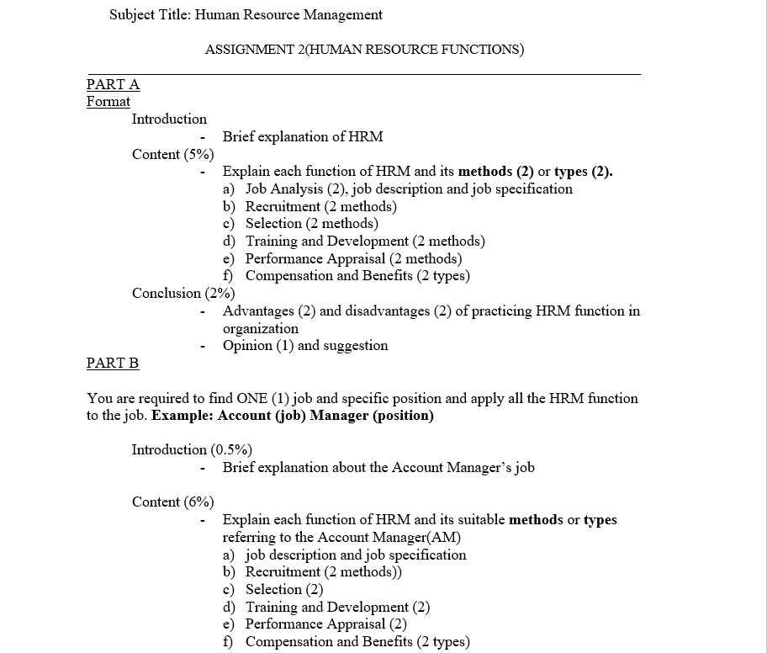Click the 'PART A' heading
click(x=113, y=84)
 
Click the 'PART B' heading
click(x=113, y=363)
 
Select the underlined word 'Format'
click(x=108, y=102)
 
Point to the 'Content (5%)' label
click(x=172, y=154)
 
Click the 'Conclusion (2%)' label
click(x=182, y=293)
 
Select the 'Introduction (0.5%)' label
click(x=192, y=449)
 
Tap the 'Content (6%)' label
click(x=172, y=502)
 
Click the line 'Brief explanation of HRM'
click(x=303, y=136)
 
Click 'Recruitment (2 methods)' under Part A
click(x=320, y=206)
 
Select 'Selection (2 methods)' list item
click(x=311, y=223)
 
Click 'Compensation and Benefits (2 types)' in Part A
click(x=357, y=275)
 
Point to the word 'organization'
click(x=261, y=328)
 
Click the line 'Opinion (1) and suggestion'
click(x=305, y=345)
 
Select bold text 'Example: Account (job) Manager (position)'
click(x=292, y=416)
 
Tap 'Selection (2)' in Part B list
click(x=284, y=589)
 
